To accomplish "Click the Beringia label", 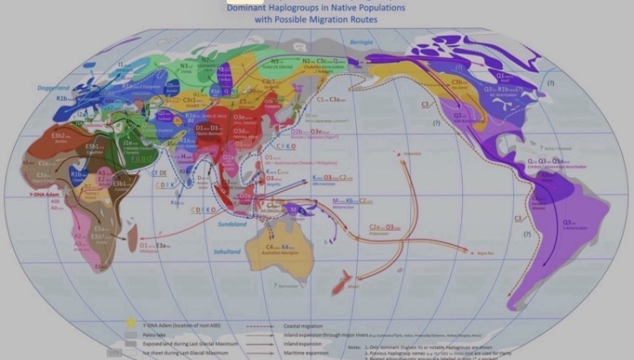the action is coord(361,42).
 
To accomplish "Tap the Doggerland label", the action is coord(54,88).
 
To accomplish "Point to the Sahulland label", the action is coord(227,251).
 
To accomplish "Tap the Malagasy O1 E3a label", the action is coord(155,245).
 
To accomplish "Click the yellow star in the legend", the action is coord(131,323).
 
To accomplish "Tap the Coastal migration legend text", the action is coord(303,326).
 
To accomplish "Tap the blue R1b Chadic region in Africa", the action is coord(78,175).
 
